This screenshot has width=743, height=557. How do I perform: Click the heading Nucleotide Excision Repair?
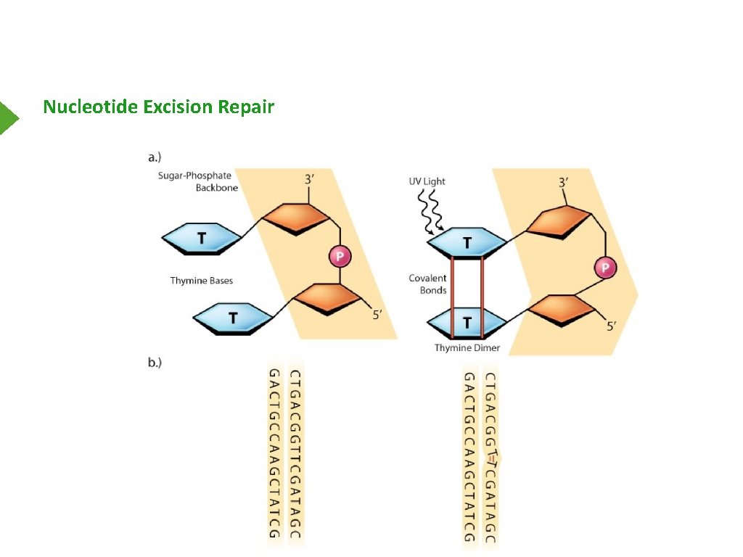tap(158, 107)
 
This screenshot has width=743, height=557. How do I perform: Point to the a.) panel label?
tap(153, 156)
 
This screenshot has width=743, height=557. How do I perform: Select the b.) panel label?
tap(154, 363)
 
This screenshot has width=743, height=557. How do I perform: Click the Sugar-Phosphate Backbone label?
tap(198, 181)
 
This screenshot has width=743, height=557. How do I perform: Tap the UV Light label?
tap(427, 181)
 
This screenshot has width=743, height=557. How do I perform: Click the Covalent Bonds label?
tap(427, 284)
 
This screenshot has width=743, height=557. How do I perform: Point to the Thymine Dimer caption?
tap(467, 348)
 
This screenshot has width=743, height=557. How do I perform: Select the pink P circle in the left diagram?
tap(339, 255)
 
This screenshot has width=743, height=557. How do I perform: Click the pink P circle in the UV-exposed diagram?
tap(605, 268)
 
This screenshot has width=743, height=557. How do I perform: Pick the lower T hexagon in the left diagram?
tap(233, 318)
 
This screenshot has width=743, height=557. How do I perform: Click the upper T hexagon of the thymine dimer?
tap(467, 243)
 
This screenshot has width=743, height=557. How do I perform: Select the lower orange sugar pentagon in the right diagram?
tap(563, 310)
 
